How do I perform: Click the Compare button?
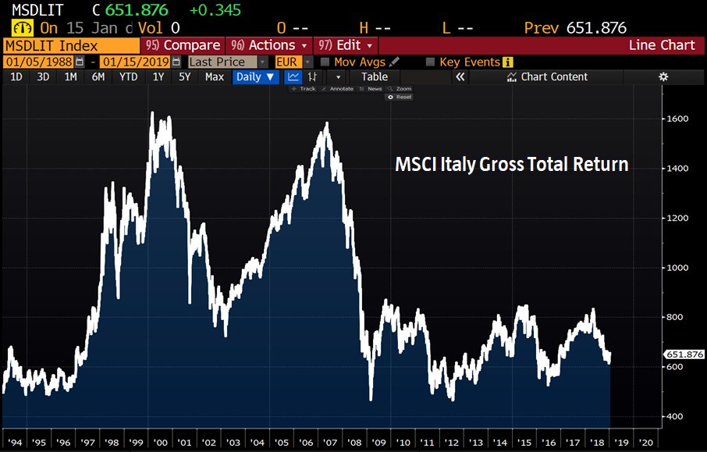183,45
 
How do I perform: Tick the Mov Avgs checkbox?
325,62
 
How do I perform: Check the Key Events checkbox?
430,62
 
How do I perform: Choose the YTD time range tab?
129,77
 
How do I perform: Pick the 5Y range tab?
185,77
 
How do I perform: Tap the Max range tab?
214,77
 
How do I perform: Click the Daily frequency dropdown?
256,77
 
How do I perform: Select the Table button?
374,77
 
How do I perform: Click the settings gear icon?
663,77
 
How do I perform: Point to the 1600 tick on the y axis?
677,119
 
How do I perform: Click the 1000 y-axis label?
677,268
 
